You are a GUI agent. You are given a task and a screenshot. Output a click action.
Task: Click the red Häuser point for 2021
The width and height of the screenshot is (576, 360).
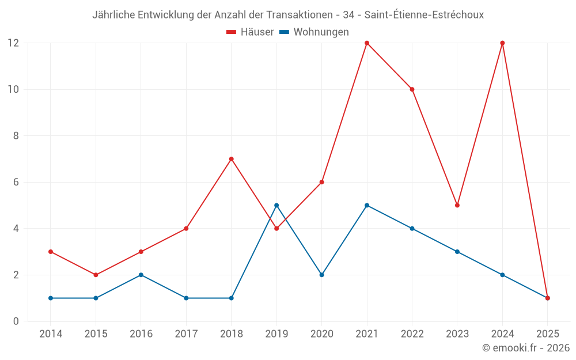point(367,43)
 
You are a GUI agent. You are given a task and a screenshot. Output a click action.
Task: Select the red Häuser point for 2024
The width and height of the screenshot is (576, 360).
point(502,43)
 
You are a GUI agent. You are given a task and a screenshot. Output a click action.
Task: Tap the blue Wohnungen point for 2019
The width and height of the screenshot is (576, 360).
point(276,206)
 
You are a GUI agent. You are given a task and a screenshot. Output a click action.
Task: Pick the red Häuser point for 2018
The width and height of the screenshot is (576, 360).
point(232,159)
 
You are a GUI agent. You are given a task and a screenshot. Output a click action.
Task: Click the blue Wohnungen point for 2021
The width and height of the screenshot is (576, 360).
point(367,206)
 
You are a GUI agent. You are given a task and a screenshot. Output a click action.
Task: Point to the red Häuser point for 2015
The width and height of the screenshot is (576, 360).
point(96,275)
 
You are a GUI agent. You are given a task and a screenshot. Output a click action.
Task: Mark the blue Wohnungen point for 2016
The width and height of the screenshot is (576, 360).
point(141,275)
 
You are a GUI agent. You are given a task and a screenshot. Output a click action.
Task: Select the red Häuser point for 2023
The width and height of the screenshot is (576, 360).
point(457,206)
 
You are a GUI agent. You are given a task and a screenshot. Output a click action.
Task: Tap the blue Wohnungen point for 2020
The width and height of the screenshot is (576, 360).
point(322,275)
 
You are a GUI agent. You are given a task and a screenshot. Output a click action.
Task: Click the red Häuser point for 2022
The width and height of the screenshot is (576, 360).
point(412,89)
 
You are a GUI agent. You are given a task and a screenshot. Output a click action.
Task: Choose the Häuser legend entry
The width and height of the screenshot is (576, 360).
point(250,32)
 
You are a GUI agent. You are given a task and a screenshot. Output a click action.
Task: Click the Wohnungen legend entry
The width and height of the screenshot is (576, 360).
point(314,32)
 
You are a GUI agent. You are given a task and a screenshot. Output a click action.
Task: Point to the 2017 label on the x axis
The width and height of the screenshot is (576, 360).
point(186,334)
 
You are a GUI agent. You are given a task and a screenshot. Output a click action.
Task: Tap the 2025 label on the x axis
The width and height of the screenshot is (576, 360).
point(547,334)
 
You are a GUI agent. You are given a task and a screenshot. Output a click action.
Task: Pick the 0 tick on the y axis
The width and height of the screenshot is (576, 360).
point(16,321)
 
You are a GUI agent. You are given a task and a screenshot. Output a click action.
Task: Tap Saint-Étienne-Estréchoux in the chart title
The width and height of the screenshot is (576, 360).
point(424,15)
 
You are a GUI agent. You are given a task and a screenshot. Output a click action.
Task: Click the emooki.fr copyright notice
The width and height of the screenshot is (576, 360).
point(525,348)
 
